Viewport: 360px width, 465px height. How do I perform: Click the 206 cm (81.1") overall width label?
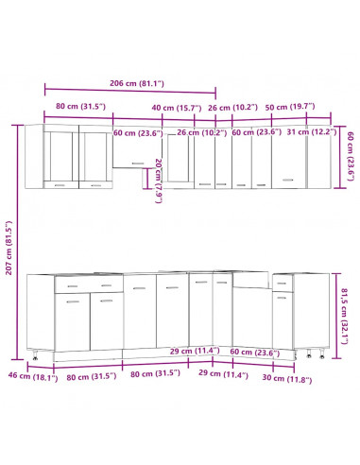coord(130,82)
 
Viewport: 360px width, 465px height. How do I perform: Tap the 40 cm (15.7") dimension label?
coord(175,108)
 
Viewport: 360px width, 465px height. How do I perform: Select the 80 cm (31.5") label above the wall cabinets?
coord(78,108)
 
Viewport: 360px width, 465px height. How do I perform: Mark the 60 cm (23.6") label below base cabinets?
coord(243,353)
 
